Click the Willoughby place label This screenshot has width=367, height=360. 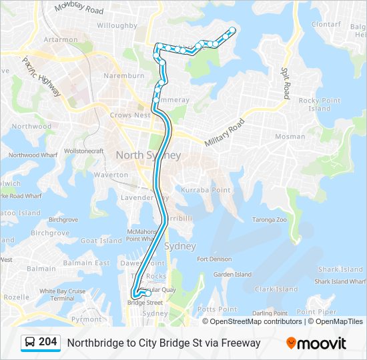click(x=117, y=25)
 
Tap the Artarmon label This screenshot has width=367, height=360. click(x=61, y=39)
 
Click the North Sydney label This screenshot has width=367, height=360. click(x=148, y=155)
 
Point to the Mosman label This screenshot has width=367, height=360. click(x=290, y=137)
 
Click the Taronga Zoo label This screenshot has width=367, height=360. click(x=269, y=219)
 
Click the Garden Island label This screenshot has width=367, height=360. click(x=232, y=274)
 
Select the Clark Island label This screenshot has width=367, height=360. click(x=275, y=289)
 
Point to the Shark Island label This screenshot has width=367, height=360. click(x=340, y=269)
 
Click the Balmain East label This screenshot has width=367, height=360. click(x=93, y=263)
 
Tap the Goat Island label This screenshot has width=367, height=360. click(x=101, y=241)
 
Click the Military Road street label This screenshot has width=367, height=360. click(x=225, y=133)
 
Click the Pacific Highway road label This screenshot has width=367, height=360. click(x=41, y=76)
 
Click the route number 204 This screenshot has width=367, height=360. click(x=47, y=342)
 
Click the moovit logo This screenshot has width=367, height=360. click(x=316, y=343)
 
